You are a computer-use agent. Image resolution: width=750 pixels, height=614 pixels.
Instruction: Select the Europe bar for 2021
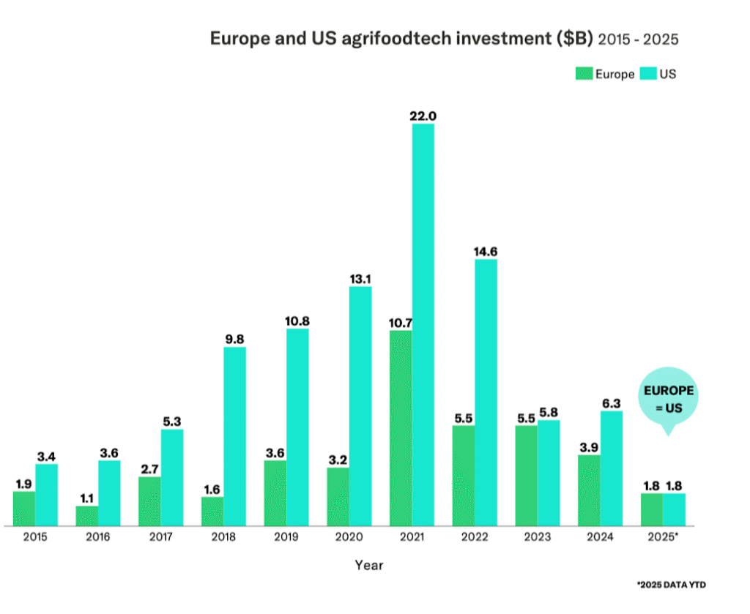400,428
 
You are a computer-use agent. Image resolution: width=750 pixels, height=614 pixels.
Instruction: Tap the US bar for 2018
234,436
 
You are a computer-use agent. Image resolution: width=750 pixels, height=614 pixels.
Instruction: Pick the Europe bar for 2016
86,515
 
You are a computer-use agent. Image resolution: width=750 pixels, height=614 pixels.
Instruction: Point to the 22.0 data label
423,116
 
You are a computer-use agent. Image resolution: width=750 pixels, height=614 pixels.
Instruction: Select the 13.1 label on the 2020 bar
360,279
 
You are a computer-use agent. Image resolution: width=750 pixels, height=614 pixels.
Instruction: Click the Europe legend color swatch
584,74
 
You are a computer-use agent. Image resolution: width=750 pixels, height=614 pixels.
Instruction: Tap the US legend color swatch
648,74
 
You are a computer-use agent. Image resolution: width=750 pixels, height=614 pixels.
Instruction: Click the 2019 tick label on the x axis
286,537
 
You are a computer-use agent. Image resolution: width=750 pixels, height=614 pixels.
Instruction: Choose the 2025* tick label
663,537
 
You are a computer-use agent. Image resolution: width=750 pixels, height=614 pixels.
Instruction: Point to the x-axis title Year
368,565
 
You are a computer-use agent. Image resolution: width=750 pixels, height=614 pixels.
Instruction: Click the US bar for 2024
612,468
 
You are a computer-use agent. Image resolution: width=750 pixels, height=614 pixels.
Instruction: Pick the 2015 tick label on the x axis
35,537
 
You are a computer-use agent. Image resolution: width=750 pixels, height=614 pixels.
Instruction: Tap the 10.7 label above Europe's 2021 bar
400,323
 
